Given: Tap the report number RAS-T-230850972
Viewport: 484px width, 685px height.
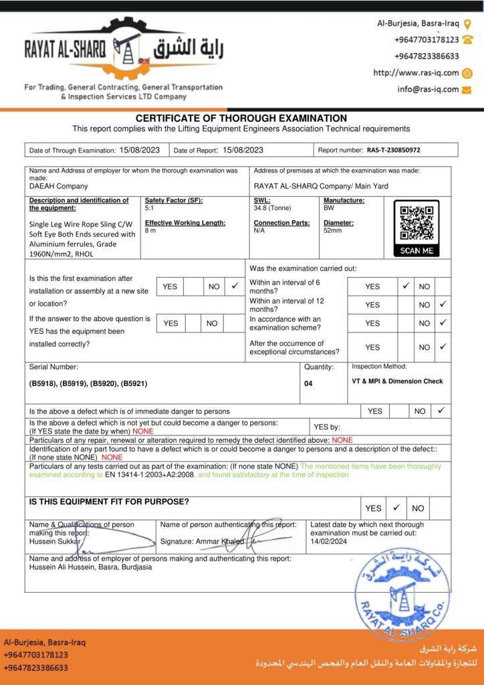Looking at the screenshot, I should [394, 151].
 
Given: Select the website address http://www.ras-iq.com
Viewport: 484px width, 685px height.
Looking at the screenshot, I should [416, 73].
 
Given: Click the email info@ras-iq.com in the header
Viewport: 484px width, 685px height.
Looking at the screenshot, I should [428, 89].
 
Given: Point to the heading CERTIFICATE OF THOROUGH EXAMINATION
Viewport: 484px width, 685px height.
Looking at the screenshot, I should [241, 118].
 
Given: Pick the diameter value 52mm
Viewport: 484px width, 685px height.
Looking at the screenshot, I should [332, 230].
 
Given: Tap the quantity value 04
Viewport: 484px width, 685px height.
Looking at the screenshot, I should [308, 384].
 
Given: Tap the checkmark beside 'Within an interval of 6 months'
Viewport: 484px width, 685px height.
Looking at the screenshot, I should [406, 286].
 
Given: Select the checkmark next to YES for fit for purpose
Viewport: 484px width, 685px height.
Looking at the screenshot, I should [396, 507].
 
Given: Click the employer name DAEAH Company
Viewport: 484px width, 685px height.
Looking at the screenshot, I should [58, 187].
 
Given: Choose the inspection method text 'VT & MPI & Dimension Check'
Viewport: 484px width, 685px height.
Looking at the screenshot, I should [397, 381].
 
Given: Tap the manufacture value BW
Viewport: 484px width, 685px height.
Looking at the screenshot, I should [328, 208].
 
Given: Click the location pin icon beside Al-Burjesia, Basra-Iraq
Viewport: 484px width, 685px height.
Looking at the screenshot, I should [467, 24].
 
